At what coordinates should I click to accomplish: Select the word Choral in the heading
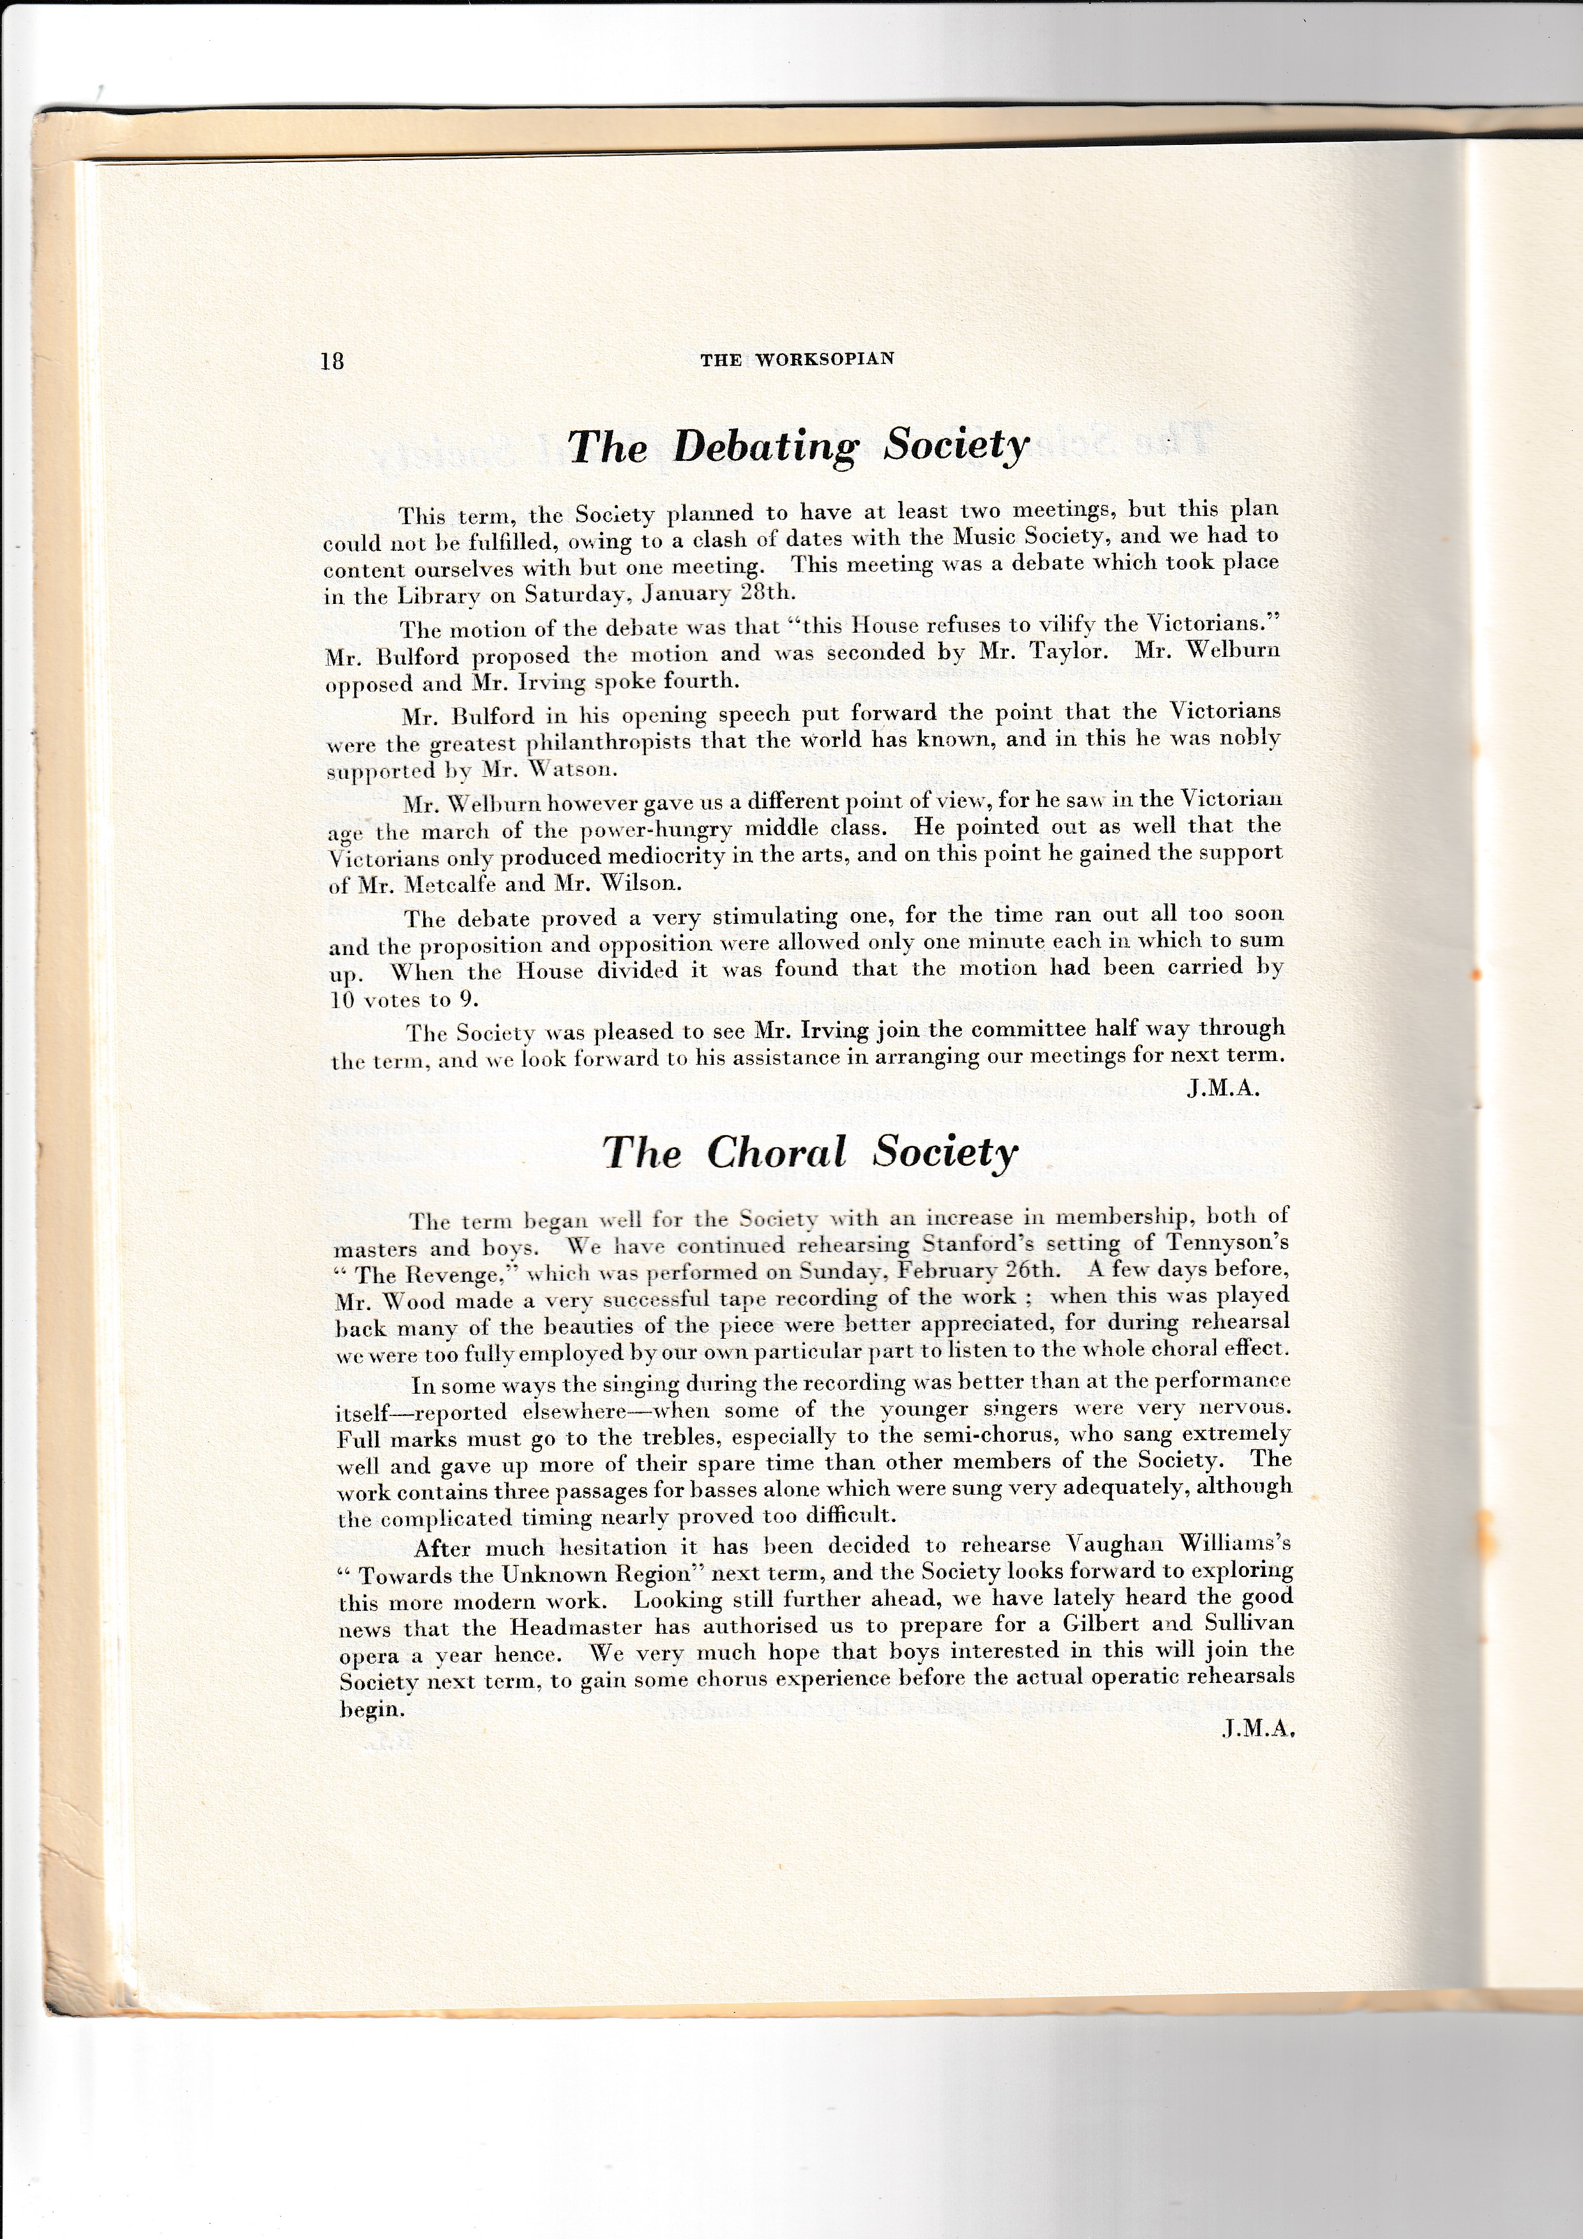click(776, 1152)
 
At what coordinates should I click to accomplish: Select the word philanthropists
click(610, 741)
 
